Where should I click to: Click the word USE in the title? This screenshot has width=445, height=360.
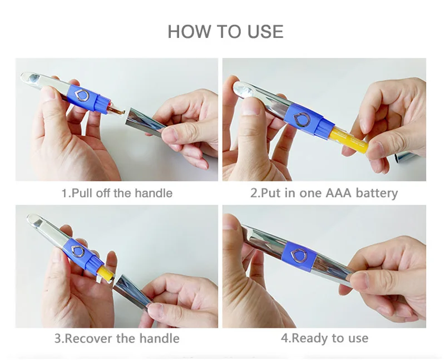point(265,31)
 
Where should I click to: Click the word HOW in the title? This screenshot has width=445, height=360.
point(189,31)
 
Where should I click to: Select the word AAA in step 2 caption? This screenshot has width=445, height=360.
point(338,193)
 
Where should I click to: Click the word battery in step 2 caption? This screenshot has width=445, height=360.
point(377,193)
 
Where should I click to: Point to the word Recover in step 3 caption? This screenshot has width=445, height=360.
point(89,338)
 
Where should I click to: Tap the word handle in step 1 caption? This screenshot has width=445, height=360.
point(154,193)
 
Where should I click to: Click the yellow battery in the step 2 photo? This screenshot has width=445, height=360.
point(349,139)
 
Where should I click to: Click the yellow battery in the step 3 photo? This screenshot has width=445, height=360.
point(106,273)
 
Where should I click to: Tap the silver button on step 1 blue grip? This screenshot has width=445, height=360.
point(82,95)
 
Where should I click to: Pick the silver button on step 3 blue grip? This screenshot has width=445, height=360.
point(78,251)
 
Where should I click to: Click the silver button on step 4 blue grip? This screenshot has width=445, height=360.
point(300,255)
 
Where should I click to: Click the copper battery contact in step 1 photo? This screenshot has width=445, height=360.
point(116,111)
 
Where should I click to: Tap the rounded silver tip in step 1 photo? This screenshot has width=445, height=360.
point(32,77)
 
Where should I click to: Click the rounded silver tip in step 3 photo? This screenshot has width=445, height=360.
point(36,219)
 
